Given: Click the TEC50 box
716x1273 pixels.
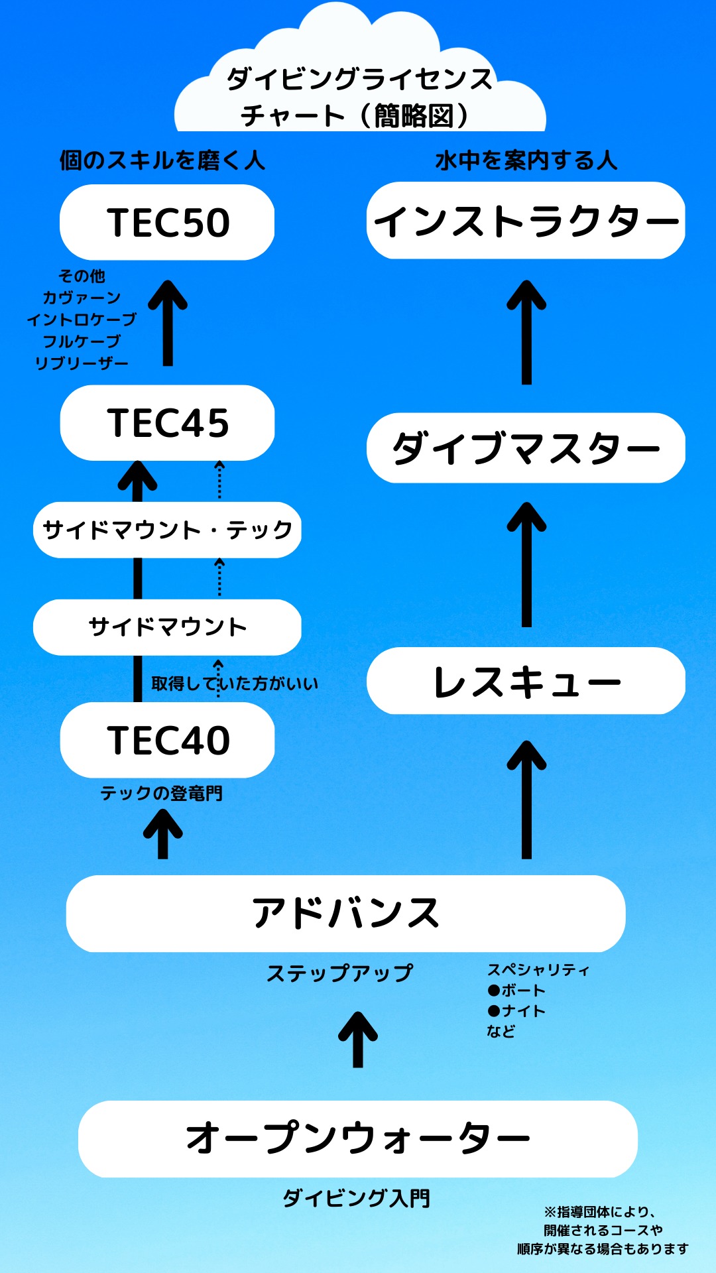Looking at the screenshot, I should [x=167, y=222].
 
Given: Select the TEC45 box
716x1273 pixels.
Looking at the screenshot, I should [x=167, y=423].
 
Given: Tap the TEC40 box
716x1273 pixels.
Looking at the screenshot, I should [x=167, y=740].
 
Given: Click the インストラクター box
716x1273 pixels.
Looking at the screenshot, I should [x=526, y=221].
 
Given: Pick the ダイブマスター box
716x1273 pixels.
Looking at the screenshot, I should [x=526, y=448].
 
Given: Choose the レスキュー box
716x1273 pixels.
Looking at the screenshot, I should [x=526, y=681].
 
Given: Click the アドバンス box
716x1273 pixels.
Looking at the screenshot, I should [x=345, y=914].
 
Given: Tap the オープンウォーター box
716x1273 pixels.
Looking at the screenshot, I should [x=357, y=1138].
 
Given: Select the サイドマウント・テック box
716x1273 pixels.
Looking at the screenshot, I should [x=167, y=530].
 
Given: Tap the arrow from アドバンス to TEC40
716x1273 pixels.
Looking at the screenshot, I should [x=163, y=835].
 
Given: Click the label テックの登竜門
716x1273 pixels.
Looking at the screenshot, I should [x=161, y=793].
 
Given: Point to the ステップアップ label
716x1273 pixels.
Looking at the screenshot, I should [x=339, y=973].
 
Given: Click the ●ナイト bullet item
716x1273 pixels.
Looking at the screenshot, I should [x=516, y=1011].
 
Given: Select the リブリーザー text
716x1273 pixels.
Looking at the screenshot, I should [x=82, y=363].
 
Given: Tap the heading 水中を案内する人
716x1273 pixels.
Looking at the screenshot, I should [x=526, y=160].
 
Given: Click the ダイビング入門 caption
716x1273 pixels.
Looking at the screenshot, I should [x=357, y=1198].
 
